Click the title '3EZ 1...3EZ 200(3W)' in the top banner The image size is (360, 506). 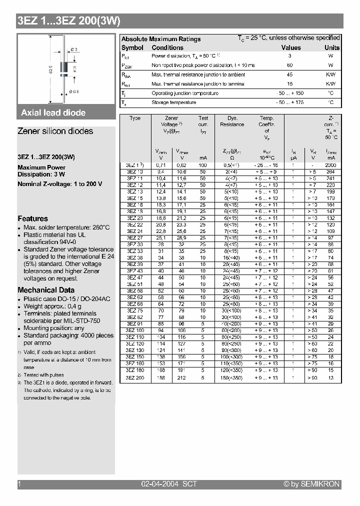[68, 21]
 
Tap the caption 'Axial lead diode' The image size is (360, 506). [53, 113]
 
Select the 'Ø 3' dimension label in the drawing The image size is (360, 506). [73, 49]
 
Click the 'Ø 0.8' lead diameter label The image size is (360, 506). [74, 91]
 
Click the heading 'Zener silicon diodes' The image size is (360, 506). [55, 131]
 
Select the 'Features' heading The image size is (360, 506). [32, 218]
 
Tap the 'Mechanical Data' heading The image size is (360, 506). [46, 290]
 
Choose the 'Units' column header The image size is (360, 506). [331, 47]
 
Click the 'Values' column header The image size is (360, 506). [291, 47]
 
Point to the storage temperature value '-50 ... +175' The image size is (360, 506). [289, 102]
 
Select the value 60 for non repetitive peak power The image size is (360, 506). [289, 65]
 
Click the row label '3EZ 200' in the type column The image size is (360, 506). [135, 377]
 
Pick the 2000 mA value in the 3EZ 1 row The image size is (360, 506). [330, 164]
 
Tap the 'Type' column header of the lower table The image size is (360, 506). [135, 118]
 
